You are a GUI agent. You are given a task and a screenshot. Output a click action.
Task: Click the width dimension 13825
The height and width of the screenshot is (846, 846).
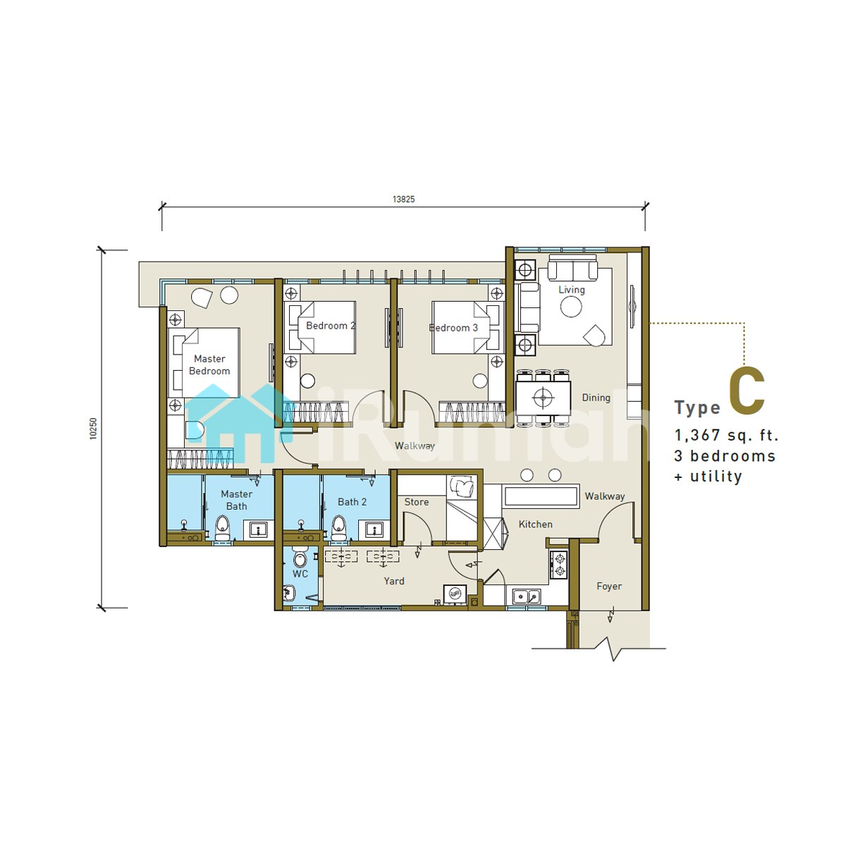[403, 200]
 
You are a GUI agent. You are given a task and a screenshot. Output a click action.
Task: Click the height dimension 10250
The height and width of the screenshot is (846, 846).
[93, 429]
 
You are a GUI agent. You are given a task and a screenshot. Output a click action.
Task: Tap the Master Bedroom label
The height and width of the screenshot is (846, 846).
[209, 364]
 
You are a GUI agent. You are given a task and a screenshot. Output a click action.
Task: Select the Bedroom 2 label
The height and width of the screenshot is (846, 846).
[331, 326]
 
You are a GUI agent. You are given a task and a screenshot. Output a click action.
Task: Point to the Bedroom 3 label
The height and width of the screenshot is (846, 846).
[453, 328]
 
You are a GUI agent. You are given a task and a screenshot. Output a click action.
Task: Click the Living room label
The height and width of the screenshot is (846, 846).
[571, 290]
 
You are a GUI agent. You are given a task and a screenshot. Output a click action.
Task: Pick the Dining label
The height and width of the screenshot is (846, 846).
[596, 398]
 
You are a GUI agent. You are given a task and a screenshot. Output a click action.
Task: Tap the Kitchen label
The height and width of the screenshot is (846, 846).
[535, 525]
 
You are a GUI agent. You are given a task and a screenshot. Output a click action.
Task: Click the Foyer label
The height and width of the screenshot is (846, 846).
[609, 587]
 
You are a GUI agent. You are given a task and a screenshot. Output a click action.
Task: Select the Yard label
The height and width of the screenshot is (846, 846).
[394, 581]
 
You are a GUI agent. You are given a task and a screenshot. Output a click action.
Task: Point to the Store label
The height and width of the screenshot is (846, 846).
[416, 502]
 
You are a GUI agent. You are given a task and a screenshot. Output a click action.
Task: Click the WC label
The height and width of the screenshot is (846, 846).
[300, 574]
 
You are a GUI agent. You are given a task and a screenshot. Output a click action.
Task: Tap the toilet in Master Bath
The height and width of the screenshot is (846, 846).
[223, 528]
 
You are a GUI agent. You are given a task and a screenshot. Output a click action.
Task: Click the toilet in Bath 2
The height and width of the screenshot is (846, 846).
[338, 528]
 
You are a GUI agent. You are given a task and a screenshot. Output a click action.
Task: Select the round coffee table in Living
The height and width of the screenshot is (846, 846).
[571, 307]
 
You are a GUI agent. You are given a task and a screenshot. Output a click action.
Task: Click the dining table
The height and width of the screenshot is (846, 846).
[543, 398]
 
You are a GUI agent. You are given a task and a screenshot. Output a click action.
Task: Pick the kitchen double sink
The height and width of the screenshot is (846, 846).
[527, 596]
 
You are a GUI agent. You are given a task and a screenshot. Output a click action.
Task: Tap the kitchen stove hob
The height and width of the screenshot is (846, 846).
[559, 565]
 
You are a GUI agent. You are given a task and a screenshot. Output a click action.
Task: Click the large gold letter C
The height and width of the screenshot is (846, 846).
[747, 391]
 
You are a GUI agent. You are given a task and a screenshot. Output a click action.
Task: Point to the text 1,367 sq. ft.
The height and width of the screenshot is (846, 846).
[726, 436]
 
